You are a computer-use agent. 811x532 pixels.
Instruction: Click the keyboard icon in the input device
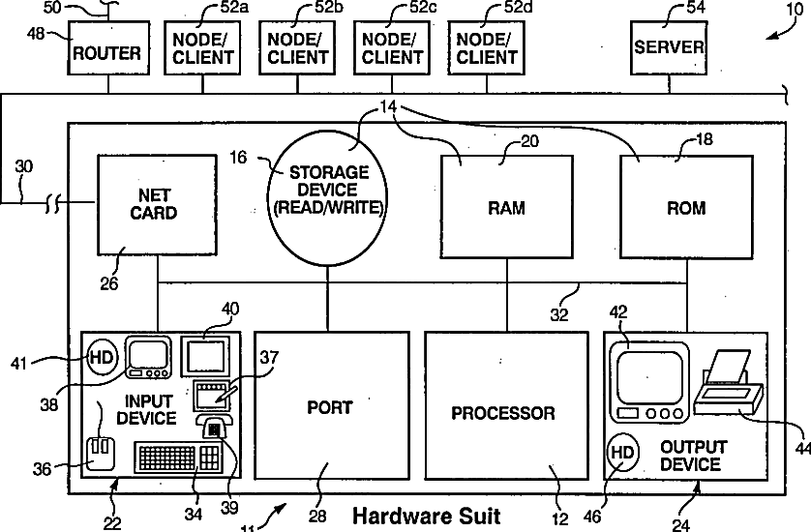179,457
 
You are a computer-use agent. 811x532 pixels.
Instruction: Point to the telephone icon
214,426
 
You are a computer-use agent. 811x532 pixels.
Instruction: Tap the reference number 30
24,166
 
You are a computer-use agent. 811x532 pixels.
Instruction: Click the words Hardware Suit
426,516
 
